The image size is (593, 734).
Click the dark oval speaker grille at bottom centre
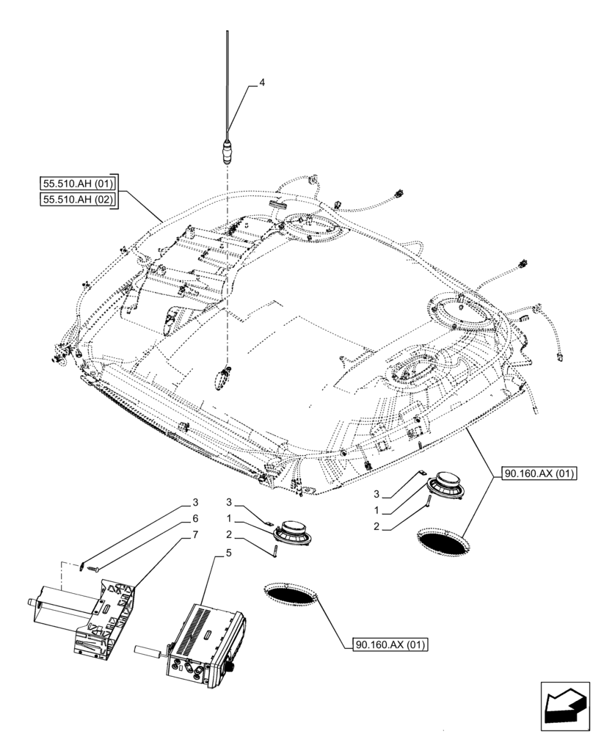(x=291, y=594)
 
